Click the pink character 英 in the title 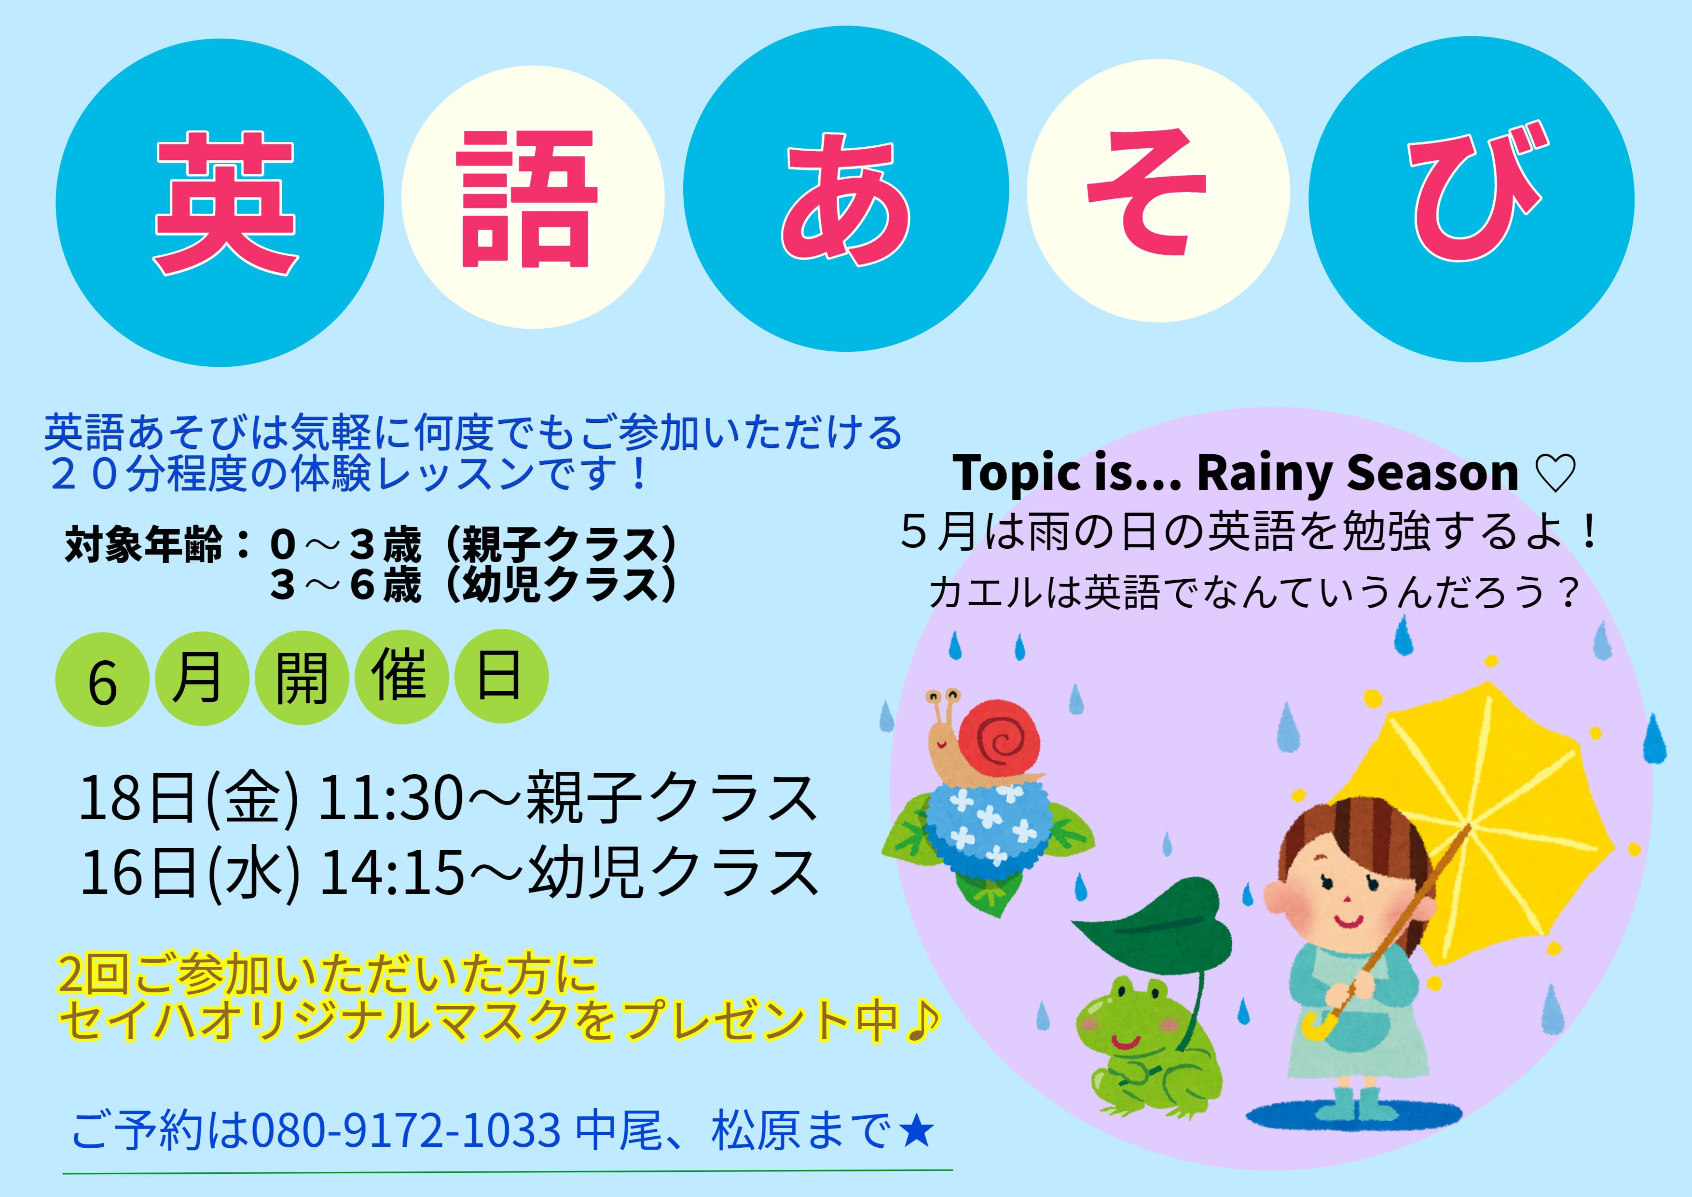tap(225, 203)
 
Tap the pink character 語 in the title tap(526, 199)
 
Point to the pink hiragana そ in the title tap(1150, 193)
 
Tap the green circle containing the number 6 tap(102, 680)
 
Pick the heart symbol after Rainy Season tap(1555, 473)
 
